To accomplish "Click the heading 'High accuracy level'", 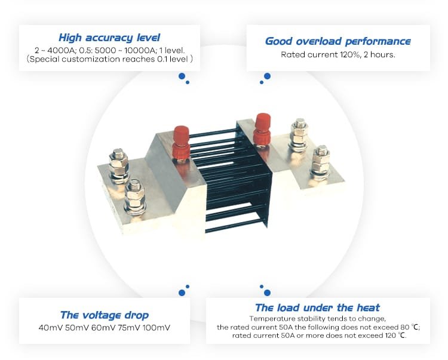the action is (109, 38).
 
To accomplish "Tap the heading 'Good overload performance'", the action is (338, 41).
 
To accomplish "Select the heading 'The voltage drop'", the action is (105, 315).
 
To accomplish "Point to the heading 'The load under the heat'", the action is (317, 307).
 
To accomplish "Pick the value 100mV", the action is (157, 327).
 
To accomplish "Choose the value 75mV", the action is (129, 327).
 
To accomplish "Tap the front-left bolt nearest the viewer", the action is (135, 196).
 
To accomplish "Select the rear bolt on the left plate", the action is (118, 165).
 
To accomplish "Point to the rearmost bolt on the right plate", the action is (299, 134).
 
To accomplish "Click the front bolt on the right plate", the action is (321, 162).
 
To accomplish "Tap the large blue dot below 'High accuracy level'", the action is (182, 76).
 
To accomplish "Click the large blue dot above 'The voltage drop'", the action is (182, 293).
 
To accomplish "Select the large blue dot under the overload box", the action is (267, 76).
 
